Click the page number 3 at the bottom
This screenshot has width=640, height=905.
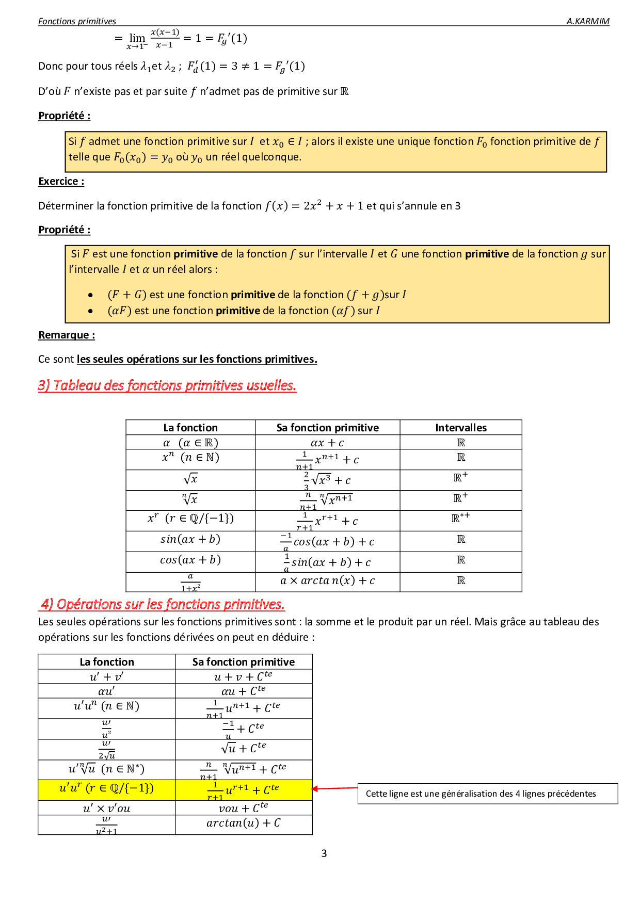324,853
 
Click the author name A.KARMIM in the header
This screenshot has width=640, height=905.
587,21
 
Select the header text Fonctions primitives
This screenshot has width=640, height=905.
77,21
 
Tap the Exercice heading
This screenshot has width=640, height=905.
61,181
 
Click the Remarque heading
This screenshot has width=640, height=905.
67,335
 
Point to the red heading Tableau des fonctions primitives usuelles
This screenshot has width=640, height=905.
167,385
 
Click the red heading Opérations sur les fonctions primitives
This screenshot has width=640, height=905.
163,604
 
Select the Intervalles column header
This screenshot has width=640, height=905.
460,428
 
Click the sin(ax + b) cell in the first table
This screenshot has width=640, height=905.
190,540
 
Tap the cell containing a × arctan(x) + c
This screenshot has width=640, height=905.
327,581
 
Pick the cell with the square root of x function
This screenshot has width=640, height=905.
190,479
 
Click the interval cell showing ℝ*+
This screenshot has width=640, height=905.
460,518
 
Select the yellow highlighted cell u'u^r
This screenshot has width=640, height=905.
106,789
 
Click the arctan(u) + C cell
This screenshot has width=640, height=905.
243,823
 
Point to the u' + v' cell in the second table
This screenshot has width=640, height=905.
106,676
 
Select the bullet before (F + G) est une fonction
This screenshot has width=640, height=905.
90,295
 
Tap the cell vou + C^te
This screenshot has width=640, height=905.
243,808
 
